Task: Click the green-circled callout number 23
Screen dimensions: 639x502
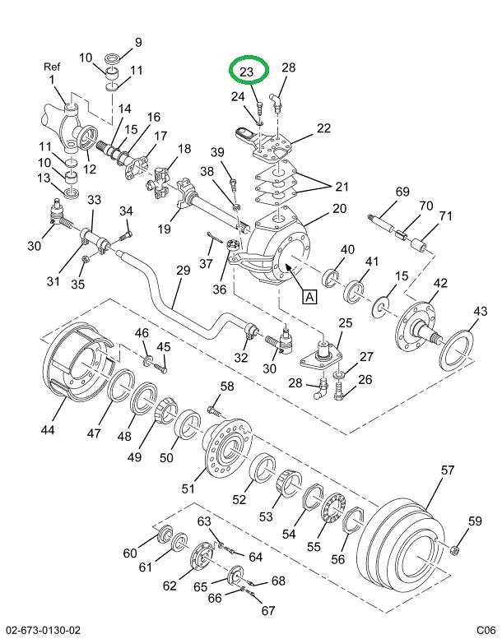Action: point(247,72)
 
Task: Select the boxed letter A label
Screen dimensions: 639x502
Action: point(309,297)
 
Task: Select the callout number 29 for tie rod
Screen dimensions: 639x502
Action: point(182,271)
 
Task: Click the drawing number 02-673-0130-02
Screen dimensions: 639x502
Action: point(42,630)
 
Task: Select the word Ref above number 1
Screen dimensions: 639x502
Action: point(52,67)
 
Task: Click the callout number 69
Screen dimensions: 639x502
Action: point(402,191)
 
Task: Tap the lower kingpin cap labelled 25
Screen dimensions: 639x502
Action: point(327,352)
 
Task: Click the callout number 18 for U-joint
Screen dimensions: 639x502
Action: point(184,149)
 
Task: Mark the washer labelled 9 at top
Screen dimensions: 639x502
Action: point(114,58)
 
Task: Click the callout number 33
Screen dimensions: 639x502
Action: point(95,200)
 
